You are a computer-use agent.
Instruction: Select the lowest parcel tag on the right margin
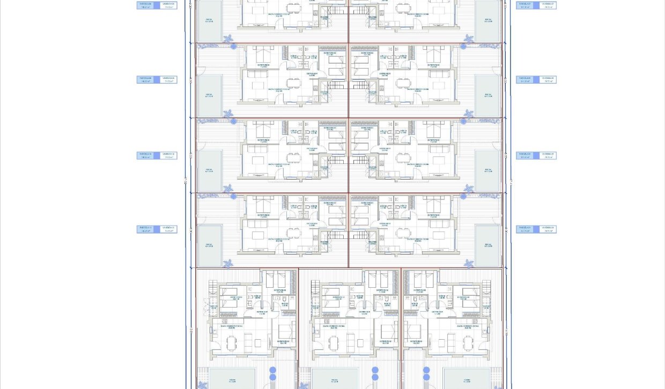point(536,229)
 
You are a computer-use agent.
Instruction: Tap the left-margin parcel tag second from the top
point(157,79)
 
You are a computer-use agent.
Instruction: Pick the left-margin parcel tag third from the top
point(157,155)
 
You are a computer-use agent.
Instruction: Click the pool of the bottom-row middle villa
point(335,378)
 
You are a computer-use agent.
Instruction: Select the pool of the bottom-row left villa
point(232,378)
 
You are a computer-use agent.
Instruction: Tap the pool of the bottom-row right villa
point(466,378)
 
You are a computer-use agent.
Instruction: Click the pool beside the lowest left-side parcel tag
point(209,246)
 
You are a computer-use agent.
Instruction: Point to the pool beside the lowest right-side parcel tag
point(487,246)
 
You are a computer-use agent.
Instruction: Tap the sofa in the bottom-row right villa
point(451,342)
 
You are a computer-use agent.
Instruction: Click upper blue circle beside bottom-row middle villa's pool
point(376,370)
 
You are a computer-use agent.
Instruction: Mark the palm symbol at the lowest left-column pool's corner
point(228,264)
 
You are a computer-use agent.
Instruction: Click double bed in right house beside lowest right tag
point(433,204)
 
